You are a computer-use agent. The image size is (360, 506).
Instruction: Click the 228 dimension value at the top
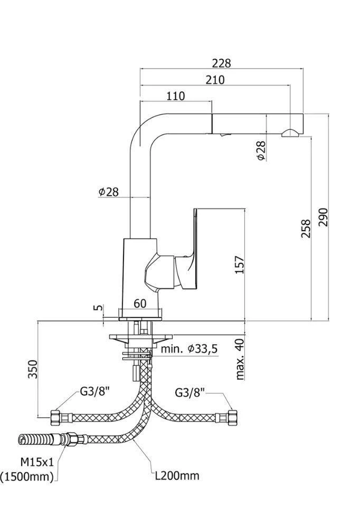click(222, 63)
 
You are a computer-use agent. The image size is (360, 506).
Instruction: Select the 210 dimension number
click(215, 80)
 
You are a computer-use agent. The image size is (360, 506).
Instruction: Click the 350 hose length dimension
click(32, 369)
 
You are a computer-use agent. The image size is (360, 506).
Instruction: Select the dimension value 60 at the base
click(139, 303)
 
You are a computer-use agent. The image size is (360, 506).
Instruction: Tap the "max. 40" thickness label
click(241, 359)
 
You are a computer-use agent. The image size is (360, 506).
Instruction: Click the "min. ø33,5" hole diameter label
click(189, 349)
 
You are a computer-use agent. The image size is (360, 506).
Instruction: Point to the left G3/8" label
click(94, 392)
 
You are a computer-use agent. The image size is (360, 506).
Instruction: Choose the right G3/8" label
click(190, 393)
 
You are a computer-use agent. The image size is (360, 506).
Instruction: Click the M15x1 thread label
click(37, 462)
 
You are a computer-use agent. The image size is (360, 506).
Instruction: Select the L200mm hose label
click(177, 476)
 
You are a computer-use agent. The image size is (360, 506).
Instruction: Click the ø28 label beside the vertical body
click(109, 192)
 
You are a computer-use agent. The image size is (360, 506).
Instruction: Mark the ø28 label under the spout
click(261, 150)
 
